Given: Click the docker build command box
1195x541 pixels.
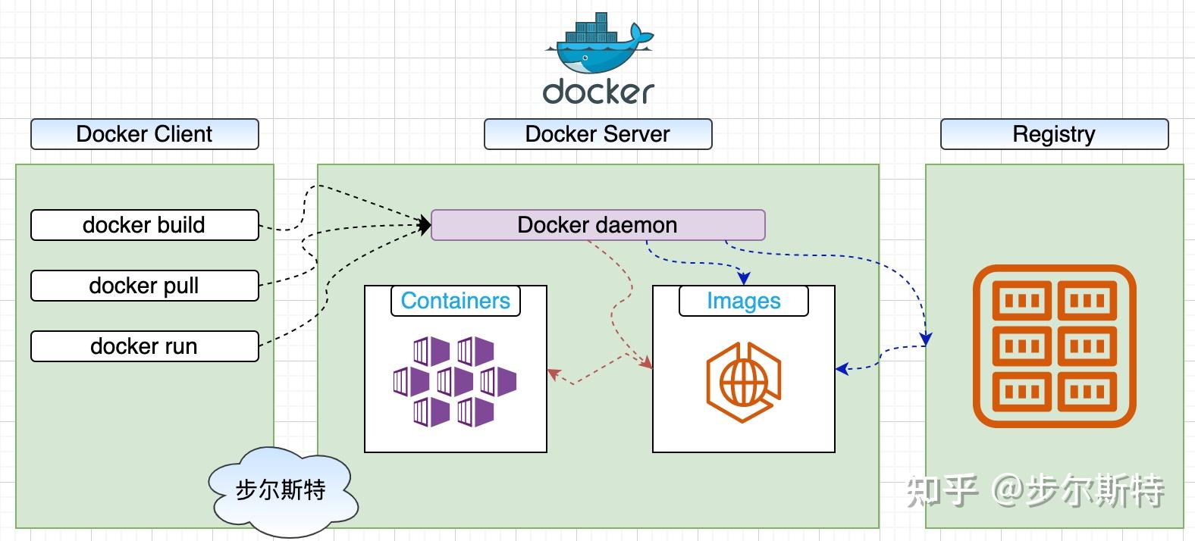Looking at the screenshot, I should [144, 225].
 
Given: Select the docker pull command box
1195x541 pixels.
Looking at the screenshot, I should [144, 286].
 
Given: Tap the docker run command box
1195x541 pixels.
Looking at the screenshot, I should [144, 346].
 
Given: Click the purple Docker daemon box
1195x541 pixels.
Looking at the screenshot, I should [597, 225].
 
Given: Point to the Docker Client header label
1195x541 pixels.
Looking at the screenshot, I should [144, 134].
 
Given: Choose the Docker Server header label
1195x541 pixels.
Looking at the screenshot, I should [597, 134].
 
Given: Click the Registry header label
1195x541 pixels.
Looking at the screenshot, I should [1054, 134].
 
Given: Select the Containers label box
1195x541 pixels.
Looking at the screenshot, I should [455, 301].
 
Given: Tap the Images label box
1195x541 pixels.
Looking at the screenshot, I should [743, 301].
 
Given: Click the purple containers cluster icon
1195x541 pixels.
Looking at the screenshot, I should [455, 381].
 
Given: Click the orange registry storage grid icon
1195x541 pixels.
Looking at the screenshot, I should [1054, 346].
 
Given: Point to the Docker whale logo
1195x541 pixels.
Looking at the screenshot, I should [598, 45].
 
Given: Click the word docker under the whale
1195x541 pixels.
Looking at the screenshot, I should [598, 91].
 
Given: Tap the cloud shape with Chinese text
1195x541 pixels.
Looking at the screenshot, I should [281, 490].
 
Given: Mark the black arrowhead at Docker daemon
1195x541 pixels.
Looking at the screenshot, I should [425, 224].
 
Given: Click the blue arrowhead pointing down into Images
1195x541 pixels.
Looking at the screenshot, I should [744, 278].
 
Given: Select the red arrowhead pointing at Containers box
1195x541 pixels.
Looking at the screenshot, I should [554, 374].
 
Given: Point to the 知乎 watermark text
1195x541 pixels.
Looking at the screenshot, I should [942, 490].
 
